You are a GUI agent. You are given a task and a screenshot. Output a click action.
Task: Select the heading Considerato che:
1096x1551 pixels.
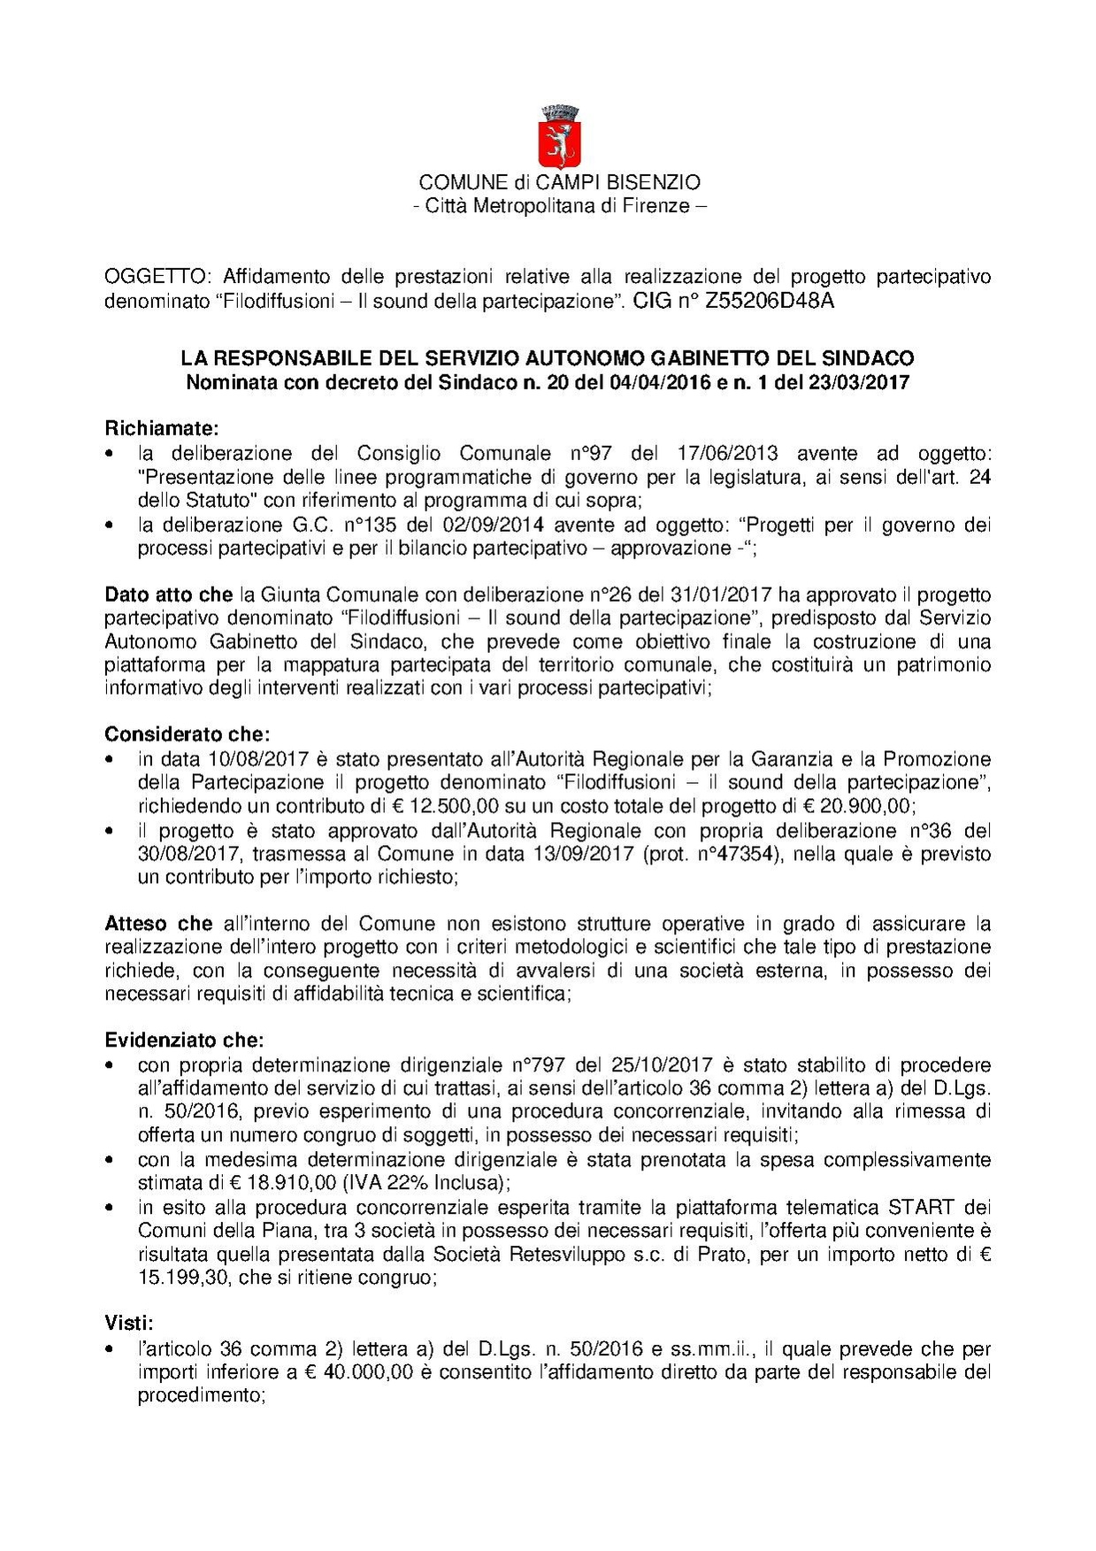click(x=187, y=734)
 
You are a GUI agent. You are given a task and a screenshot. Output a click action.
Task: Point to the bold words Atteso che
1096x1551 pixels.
click(x=158, y=924)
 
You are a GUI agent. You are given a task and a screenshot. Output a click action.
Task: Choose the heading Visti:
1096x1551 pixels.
click(x=129, y=1324)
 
